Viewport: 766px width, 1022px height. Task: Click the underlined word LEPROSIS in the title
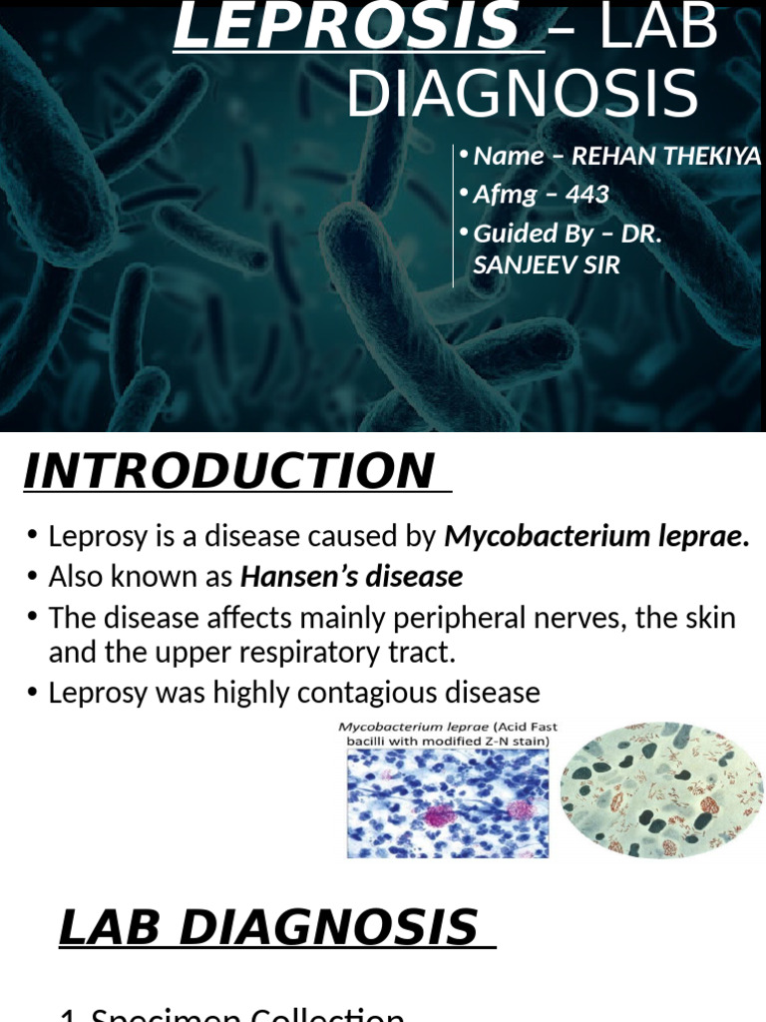345,27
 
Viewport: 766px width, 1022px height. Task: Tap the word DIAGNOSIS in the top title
522,96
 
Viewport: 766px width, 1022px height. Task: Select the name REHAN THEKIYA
665,157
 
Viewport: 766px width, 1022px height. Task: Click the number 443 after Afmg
587,195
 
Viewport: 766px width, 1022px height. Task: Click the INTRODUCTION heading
228,472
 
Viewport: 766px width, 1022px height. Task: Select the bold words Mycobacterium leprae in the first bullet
595,538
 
